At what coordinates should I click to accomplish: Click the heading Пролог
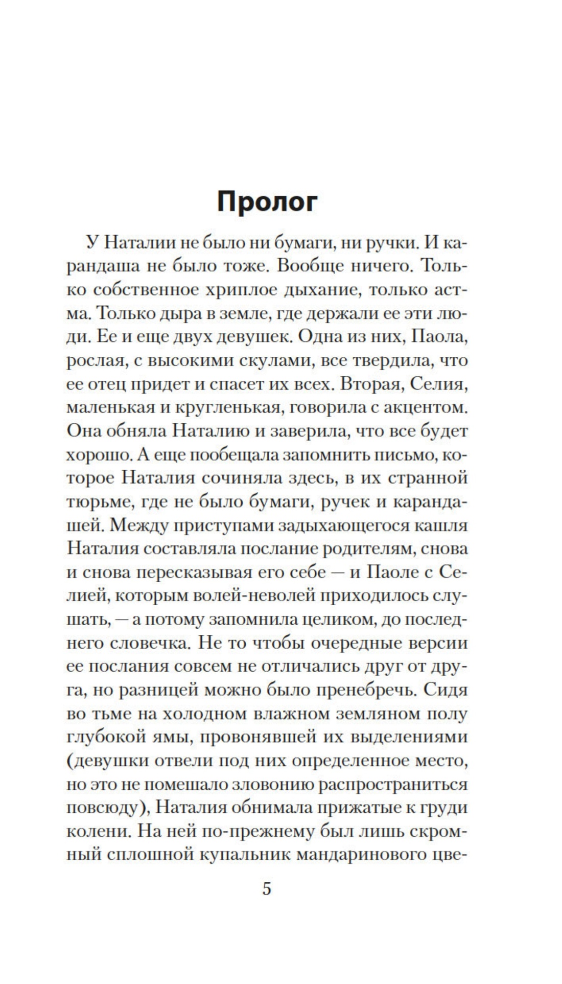[x=267, y=202]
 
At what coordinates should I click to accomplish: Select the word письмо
[x=391, y=454]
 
